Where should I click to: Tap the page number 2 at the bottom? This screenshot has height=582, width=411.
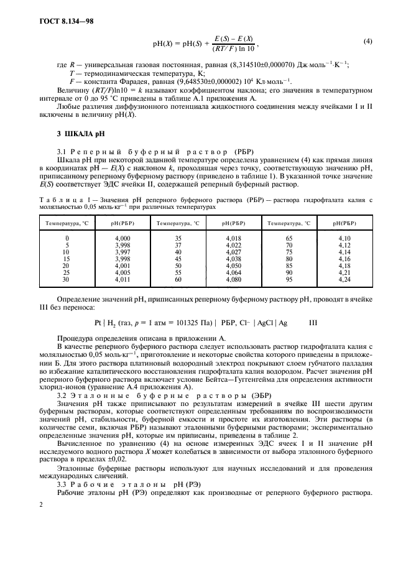click(x=40, y=504)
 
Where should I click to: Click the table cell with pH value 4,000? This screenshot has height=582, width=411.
click(x=122, y=238)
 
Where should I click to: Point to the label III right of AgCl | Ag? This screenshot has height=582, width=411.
click(x=313, y=323)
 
